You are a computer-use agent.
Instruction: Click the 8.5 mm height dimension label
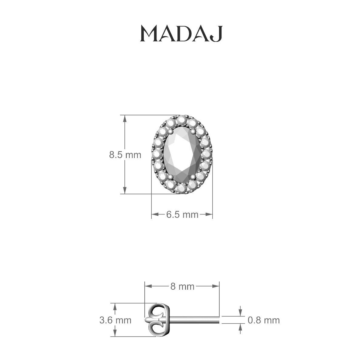(125, 155)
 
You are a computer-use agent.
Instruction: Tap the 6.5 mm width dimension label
(182, 215)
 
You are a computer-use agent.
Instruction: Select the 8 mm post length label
(182, 286)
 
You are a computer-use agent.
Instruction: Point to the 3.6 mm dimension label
(115, 320)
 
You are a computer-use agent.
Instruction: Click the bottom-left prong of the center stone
(170, 177)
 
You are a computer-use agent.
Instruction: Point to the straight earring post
(194, 320)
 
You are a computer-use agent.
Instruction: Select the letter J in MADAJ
(217, 34)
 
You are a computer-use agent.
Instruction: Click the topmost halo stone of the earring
(182, 120)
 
